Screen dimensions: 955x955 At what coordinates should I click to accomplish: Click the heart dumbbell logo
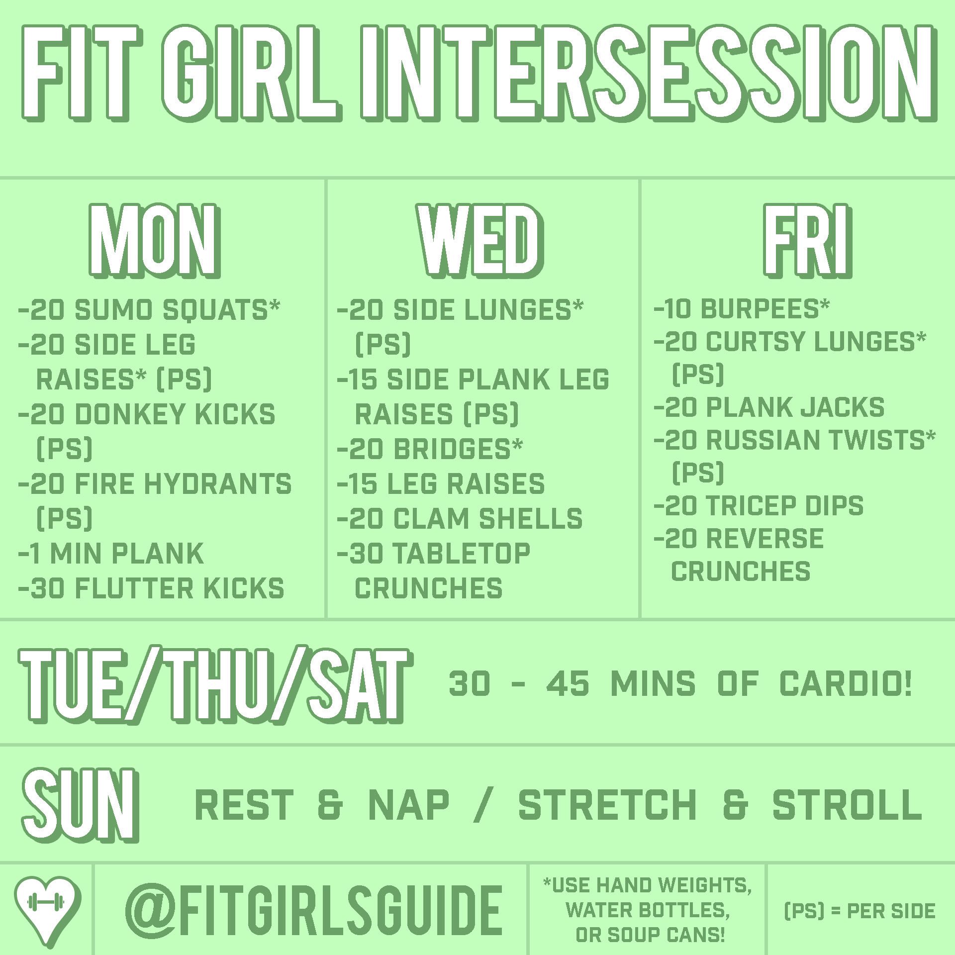(47, 910)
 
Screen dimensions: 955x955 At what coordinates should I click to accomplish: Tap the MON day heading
(155, 241)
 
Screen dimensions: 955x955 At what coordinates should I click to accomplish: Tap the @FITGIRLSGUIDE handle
(313, 911)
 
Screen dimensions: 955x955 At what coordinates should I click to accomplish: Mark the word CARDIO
(846, 683)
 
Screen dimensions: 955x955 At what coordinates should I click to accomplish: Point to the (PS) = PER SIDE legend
(859, 911)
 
